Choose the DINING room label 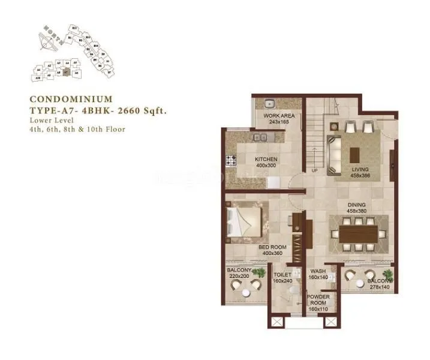[356, 205]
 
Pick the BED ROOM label [272, 247]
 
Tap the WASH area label [318, 271]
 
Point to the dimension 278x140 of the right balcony [379, 287]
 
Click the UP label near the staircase [314, 170]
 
